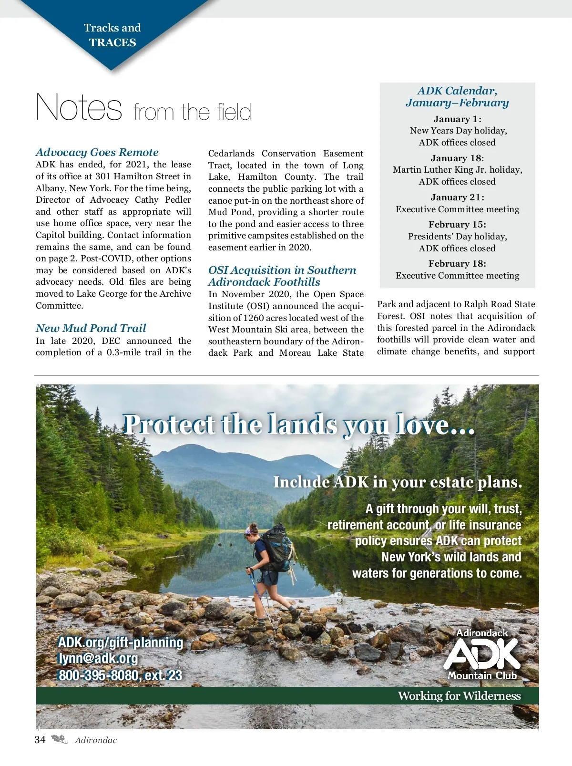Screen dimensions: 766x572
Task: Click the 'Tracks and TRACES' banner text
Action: (112, 35)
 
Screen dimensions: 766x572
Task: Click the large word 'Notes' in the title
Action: (79, 107)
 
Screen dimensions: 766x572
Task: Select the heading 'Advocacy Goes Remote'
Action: (97, 152)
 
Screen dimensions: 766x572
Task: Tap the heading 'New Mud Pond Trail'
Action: (91, 328)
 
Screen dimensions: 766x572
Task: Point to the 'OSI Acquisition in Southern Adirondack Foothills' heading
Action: (282, 276)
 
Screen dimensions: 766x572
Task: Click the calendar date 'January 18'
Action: (457, 158)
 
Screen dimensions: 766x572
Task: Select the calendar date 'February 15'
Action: (457, 225)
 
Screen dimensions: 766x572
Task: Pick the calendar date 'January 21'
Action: (457, 197)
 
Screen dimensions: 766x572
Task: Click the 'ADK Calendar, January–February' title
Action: (457, 97)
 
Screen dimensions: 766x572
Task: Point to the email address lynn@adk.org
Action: (98, 658)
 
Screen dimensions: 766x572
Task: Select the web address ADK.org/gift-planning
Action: (121, 642)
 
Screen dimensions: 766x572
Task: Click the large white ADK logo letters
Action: (481, 654)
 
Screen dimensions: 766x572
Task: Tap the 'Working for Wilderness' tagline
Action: (459, 696)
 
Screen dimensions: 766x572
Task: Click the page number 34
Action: (40, 740)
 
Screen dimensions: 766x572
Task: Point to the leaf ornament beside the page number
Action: (60, 740)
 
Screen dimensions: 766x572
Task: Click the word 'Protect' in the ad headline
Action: (169, 424)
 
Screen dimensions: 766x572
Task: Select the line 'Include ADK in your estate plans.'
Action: (398, 482)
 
